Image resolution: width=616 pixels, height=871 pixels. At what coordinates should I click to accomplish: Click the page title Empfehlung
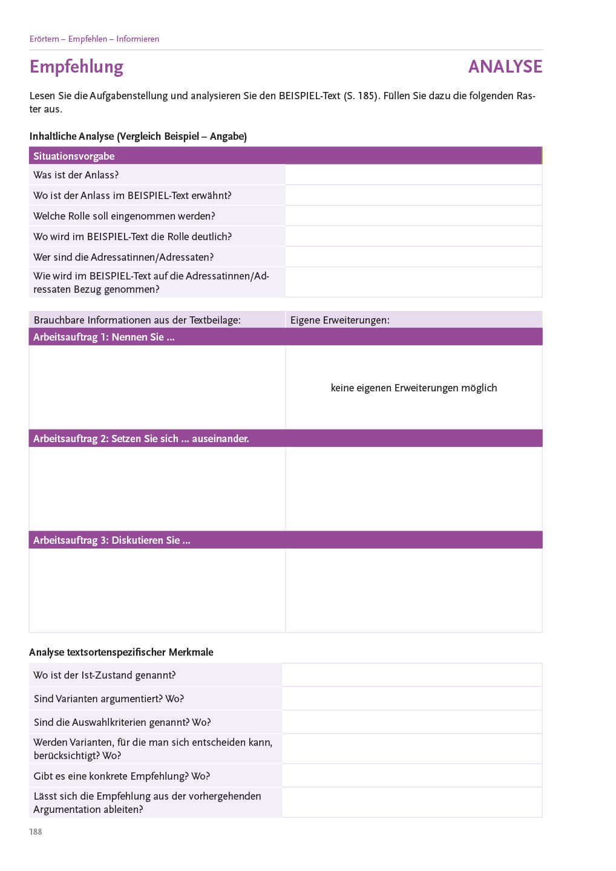(76, 67)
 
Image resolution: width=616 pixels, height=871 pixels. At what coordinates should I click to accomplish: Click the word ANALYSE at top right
(505, 67)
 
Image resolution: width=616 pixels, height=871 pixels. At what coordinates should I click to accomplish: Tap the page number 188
(36, 832)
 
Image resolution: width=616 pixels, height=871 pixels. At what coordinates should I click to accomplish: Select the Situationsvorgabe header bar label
(74, 156)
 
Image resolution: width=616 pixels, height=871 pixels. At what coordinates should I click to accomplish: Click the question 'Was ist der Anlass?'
(76, 175)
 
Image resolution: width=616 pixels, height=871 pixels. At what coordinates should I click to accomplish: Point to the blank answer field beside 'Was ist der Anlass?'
(413, 175)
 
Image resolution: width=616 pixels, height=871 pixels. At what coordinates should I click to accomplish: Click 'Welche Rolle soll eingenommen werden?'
(124, 216)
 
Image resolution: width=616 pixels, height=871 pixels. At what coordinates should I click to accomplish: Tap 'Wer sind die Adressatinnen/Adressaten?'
(123, 257)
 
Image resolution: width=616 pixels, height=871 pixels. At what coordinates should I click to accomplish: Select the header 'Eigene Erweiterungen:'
(339, 320)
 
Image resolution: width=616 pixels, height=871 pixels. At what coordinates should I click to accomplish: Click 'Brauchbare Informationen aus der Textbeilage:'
(137, 320)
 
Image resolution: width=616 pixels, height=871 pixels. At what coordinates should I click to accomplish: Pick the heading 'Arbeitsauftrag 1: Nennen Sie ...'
(103, 337)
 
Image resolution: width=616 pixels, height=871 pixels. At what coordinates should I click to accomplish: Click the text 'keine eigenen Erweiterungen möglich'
(413, 388)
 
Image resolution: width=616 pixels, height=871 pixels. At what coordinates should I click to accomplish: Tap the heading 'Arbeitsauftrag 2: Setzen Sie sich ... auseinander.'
(141, 439)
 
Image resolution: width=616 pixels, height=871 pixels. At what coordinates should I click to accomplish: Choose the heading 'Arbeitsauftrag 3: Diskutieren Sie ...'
(111, 540)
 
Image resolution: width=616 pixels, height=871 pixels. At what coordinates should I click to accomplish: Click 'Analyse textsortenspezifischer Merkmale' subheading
(121, 652)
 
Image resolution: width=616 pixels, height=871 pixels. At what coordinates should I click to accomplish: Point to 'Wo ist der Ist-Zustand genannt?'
(104, 675)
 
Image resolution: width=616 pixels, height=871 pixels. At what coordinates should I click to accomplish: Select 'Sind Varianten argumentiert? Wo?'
(108, 699)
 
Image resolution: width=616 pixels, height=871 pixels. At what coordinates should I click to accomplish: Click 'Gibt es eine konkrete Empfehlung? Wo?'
(122, 776)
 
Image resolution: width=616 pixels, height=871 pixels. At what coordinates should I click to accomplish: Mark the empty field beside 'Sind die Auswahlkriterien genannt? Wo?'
(411, 722)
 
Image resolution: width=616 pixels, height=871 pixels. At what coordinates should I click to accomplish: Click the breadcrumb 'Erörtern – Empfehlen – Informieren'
(94, 39)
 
